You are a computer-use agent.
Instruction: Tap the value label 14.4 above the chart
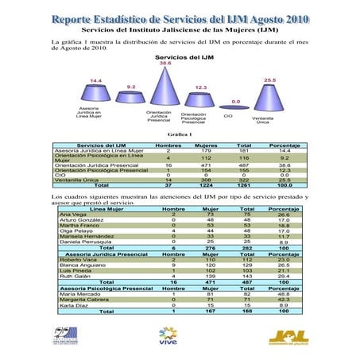point(95,80)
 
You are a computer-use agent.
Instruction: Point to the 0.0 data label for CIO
point(235,102)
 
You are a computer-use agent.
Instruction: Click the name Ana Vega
point(73,215)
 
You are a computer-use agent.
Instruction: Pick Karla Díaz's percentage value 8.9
point(284,304)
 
